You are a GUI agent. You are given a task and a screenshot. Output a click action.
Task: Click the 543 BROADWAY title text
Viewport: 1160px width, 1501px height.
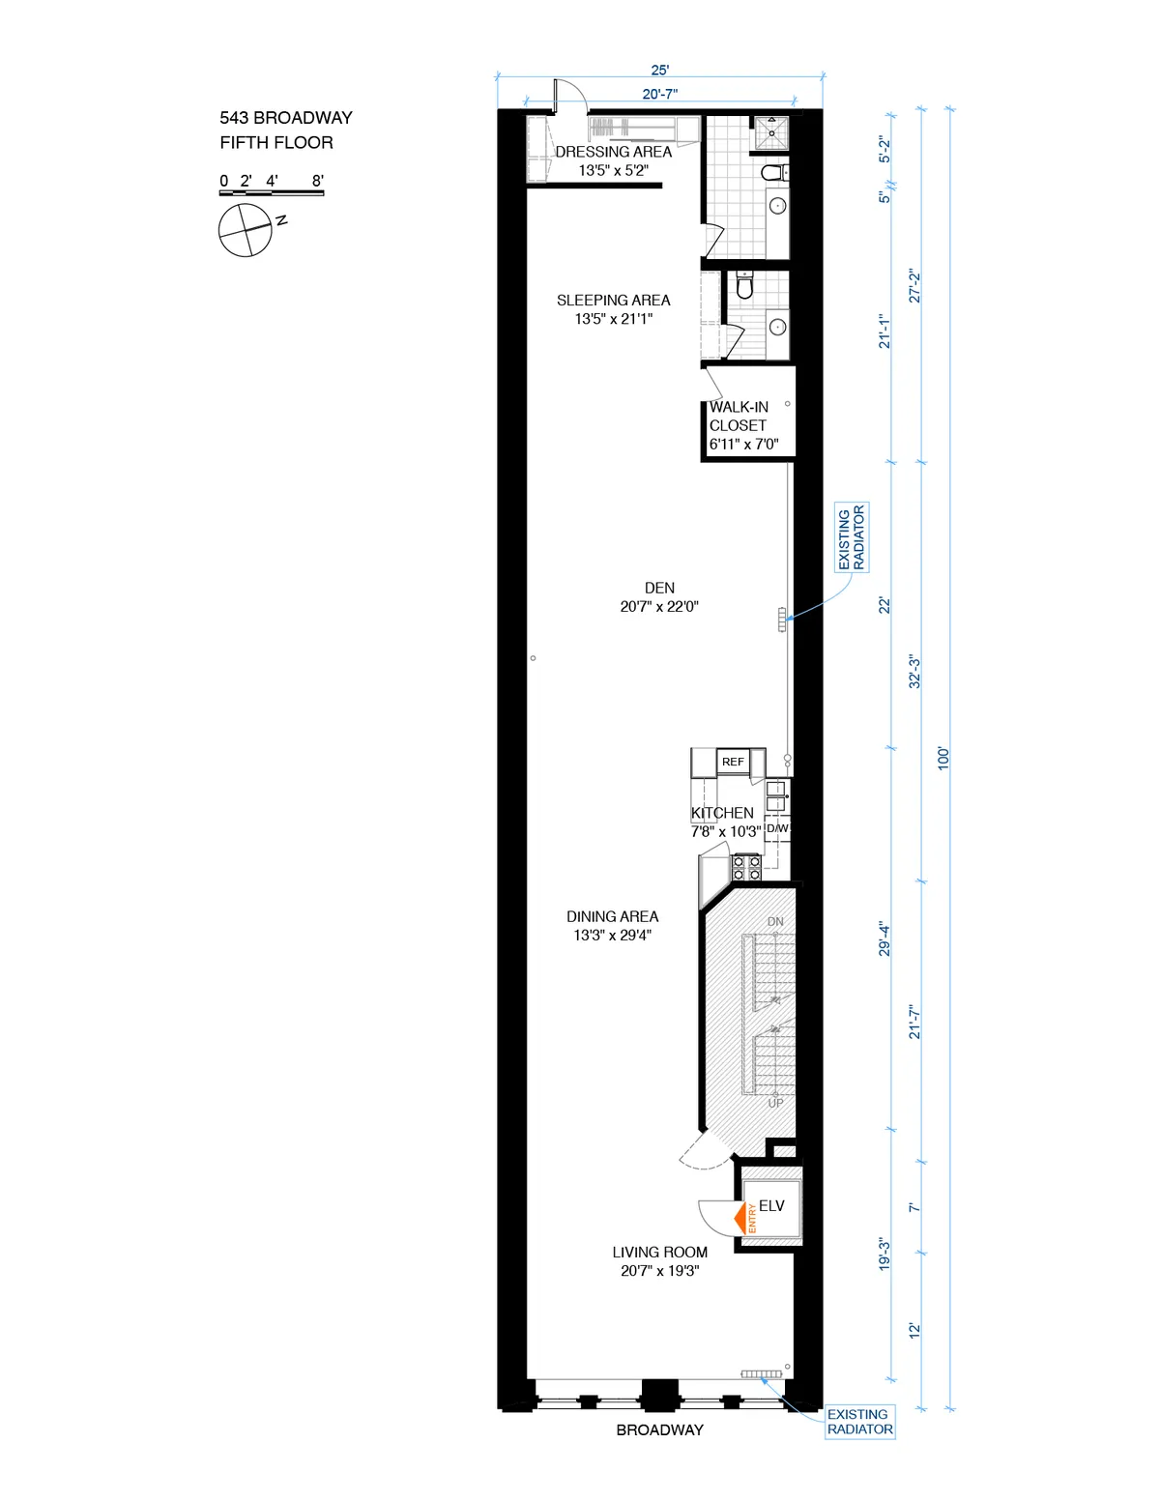coord(285,118)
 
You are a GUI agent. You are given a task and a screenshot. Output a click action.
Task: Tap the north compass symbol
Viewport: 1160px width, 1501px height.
coord(246,230)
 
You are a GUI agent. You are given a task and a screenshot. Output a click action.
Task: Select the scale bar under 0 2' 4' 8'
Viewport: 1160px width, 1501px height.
coord(271,193)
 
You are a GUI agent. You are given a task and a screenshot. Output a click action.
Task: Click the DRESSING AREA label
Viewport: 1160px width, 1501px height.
coord(613,152)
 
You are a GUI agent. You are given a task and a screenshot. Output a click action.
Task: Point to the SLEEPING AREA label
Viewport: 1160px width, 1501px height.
coord(613,301)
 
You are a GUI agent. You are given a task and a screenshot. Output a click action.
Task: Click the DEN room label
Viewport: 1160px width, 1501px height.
coord(659,588)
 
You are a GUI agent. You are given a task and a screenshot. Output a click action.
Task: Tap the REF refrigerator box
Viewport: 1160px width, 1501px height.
coord(733,762)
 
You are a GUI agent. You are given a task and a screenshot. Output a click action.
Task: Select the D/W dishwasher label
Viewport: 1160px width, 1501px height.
coord(777,828)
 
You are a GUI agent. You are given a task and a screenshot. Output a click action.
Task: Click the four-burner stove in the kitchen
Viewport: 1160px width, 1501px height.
coord(745,867)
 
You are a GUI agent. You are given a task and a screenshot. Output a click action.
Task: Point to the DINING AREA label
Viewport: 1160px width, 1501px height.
coord(612,916)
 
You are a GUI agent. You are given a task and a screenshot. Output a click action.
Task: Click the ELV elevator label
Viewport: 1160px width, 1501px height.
coord(771,1206)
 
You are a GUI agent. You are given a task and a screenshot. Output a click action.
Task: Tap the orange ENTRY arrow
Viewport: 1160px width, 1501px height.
coord(745,1218)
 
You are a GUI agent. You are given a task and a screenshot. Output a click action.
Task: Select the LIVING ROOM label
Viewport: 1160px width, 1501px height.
coord(659,1252)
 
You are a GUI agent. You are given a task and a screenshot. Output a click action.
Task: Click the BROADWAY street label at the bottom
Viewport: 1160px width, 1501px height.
coord(659,1429)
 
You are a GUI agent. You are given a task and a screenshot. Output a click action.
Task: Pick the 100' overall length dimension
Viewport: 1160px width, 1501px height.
coord(943,758)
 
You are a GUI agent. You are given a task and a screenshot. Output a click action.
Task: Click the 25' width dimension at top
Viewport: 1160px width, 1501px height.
coord(659,70)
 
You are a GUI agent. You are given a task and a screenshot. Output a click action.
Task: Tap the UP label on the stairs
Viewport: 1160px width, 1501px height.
coord(775,1103)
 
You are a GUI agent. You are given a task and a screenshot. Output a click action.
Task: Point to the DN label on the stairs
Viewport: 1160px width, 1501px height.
coord(775,922)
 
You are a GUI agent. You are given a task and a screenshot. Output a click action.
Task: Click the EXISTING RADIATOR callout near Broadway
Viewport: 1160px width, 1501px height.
coord(859,1422)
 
